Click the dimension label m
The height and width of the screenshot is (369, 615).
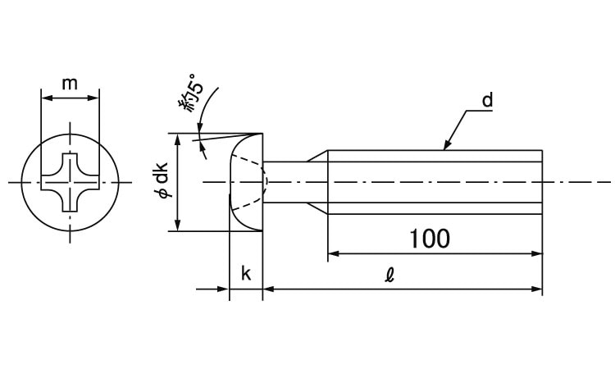tap(70, 84)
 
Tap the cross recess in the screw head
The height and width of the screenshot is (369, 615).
tap(70, 181)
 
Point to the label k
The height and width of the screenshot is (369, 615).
tap(246, 273)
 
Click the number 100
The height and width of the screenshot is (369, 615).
tap(430, 239)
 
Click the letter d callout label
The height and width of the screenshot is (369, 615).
tap(486, 102)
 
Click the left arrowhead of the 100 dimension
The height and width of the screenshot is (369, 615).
tap(333, 255)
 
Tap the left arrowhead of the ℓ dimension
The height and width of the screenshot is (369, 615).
tap(268, 289)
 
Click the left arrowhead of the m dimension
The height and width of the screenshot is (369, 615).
tap(45, 98)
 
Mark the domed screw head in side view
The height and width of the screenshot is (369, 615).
tap(247, 181)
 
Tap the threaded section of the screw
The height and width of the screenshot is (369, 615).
tap(435, 181)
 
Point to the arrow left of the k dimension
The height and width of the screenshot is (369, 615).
tap(222, 289)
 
